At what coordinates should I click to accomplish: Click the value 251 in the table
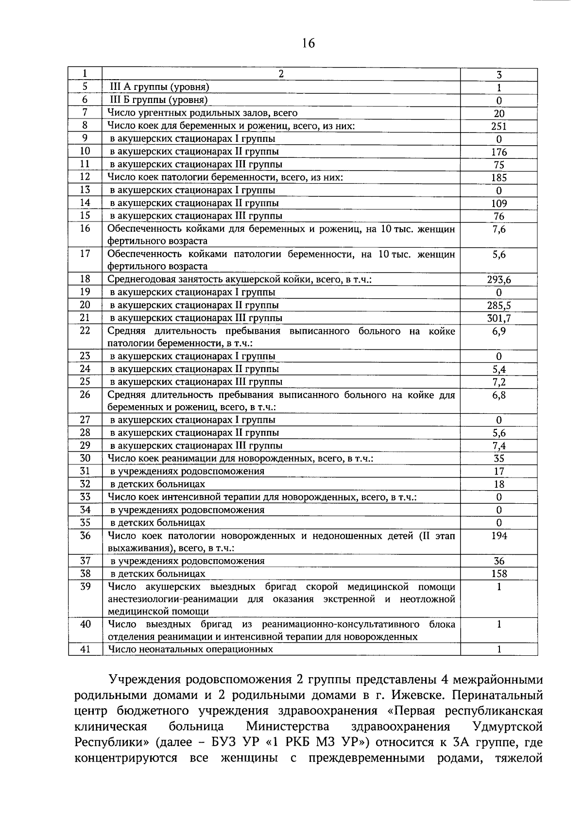[x=499, y=126]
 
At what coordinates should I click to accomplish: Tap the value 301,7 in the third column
[x=499, y=319]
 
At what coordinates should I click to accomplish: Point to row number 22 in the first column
[x=85, y=331]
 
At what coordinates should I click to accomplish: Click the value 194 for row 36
[x=499, y=536]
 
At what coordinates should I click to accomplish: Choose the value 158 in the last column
[x=499, y=574]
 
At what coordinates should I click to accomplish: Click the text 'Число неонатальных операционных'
[x=190, y=649]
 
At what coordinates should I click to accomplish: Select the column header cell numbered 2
[x=281, y=74]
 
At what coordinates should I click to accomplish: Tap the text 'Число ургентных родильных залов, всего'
[x=202, y=113]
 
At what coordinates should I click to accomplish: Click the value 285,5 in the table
[x=499, y=306]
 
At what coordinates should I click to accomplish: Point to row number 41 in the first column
[x=85, y=649]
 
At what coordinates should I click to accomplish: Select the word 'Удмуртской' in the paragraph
[x=507, y=727]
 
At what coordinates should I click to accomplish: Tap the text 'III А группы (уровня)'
[x=159, y=87]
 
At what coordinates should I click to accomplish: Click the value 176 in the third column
[x=499, y=152]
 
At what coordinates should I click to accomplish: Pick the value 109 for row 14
[x=499, y=204]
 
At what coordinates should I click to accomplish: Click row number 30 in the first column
[x=85, y=458]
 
